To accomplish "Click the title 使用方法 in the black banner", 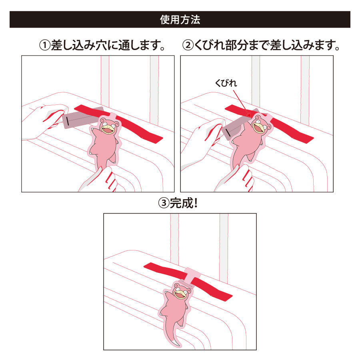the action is pyautogui.click(x=180, y=20).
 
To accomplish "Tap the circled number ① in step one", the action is pyautogui.click(x=45, y=45).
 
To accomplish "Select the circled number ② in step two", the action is pyautogui.click(x=188, y=45).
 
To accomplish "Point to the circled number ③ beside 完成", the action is pyautogui.click(x=164, y=203).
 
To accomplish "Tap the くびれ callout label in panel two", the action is pyautogui.click(x=226, y=83).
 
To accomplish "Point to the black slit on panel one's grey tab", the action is pyautogui.click(x=67, y=121).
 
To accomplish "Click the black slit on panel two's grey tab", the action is pyautogui.click(x=228, y=133).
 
